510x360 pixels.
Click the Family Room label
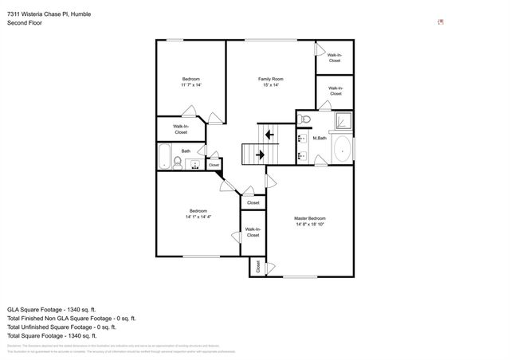tap(270, 82)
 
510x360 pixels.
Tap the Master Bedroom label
tap(309, 221)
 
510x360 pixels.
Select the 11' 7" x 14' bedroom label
tap(190, 82)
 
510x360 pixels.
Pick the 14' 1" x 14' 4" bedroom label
tap(198, 213)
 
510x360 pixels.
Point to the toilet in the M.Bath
tap(304, 119)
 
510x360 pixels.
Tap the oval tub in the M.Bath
tap(341, 149)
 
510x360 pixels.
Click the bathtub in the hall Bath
tap(163, 155)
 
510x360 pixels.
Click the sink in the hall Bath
tap(194, 165)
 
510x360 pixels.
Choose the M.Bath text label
tap(319, 139)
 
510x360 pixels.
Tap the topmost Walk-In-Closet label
tap(335, 58)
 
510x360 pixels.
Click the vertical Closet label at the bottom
tap(257, 268)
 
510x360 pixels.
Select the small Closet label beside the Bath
tap(214, 165)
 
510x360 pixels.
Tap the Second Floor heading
tap(25, 23)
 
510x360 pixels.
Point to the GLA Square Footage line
tap(52, 308)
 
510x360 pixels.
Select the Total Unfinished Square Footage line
tap(61, 327)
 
